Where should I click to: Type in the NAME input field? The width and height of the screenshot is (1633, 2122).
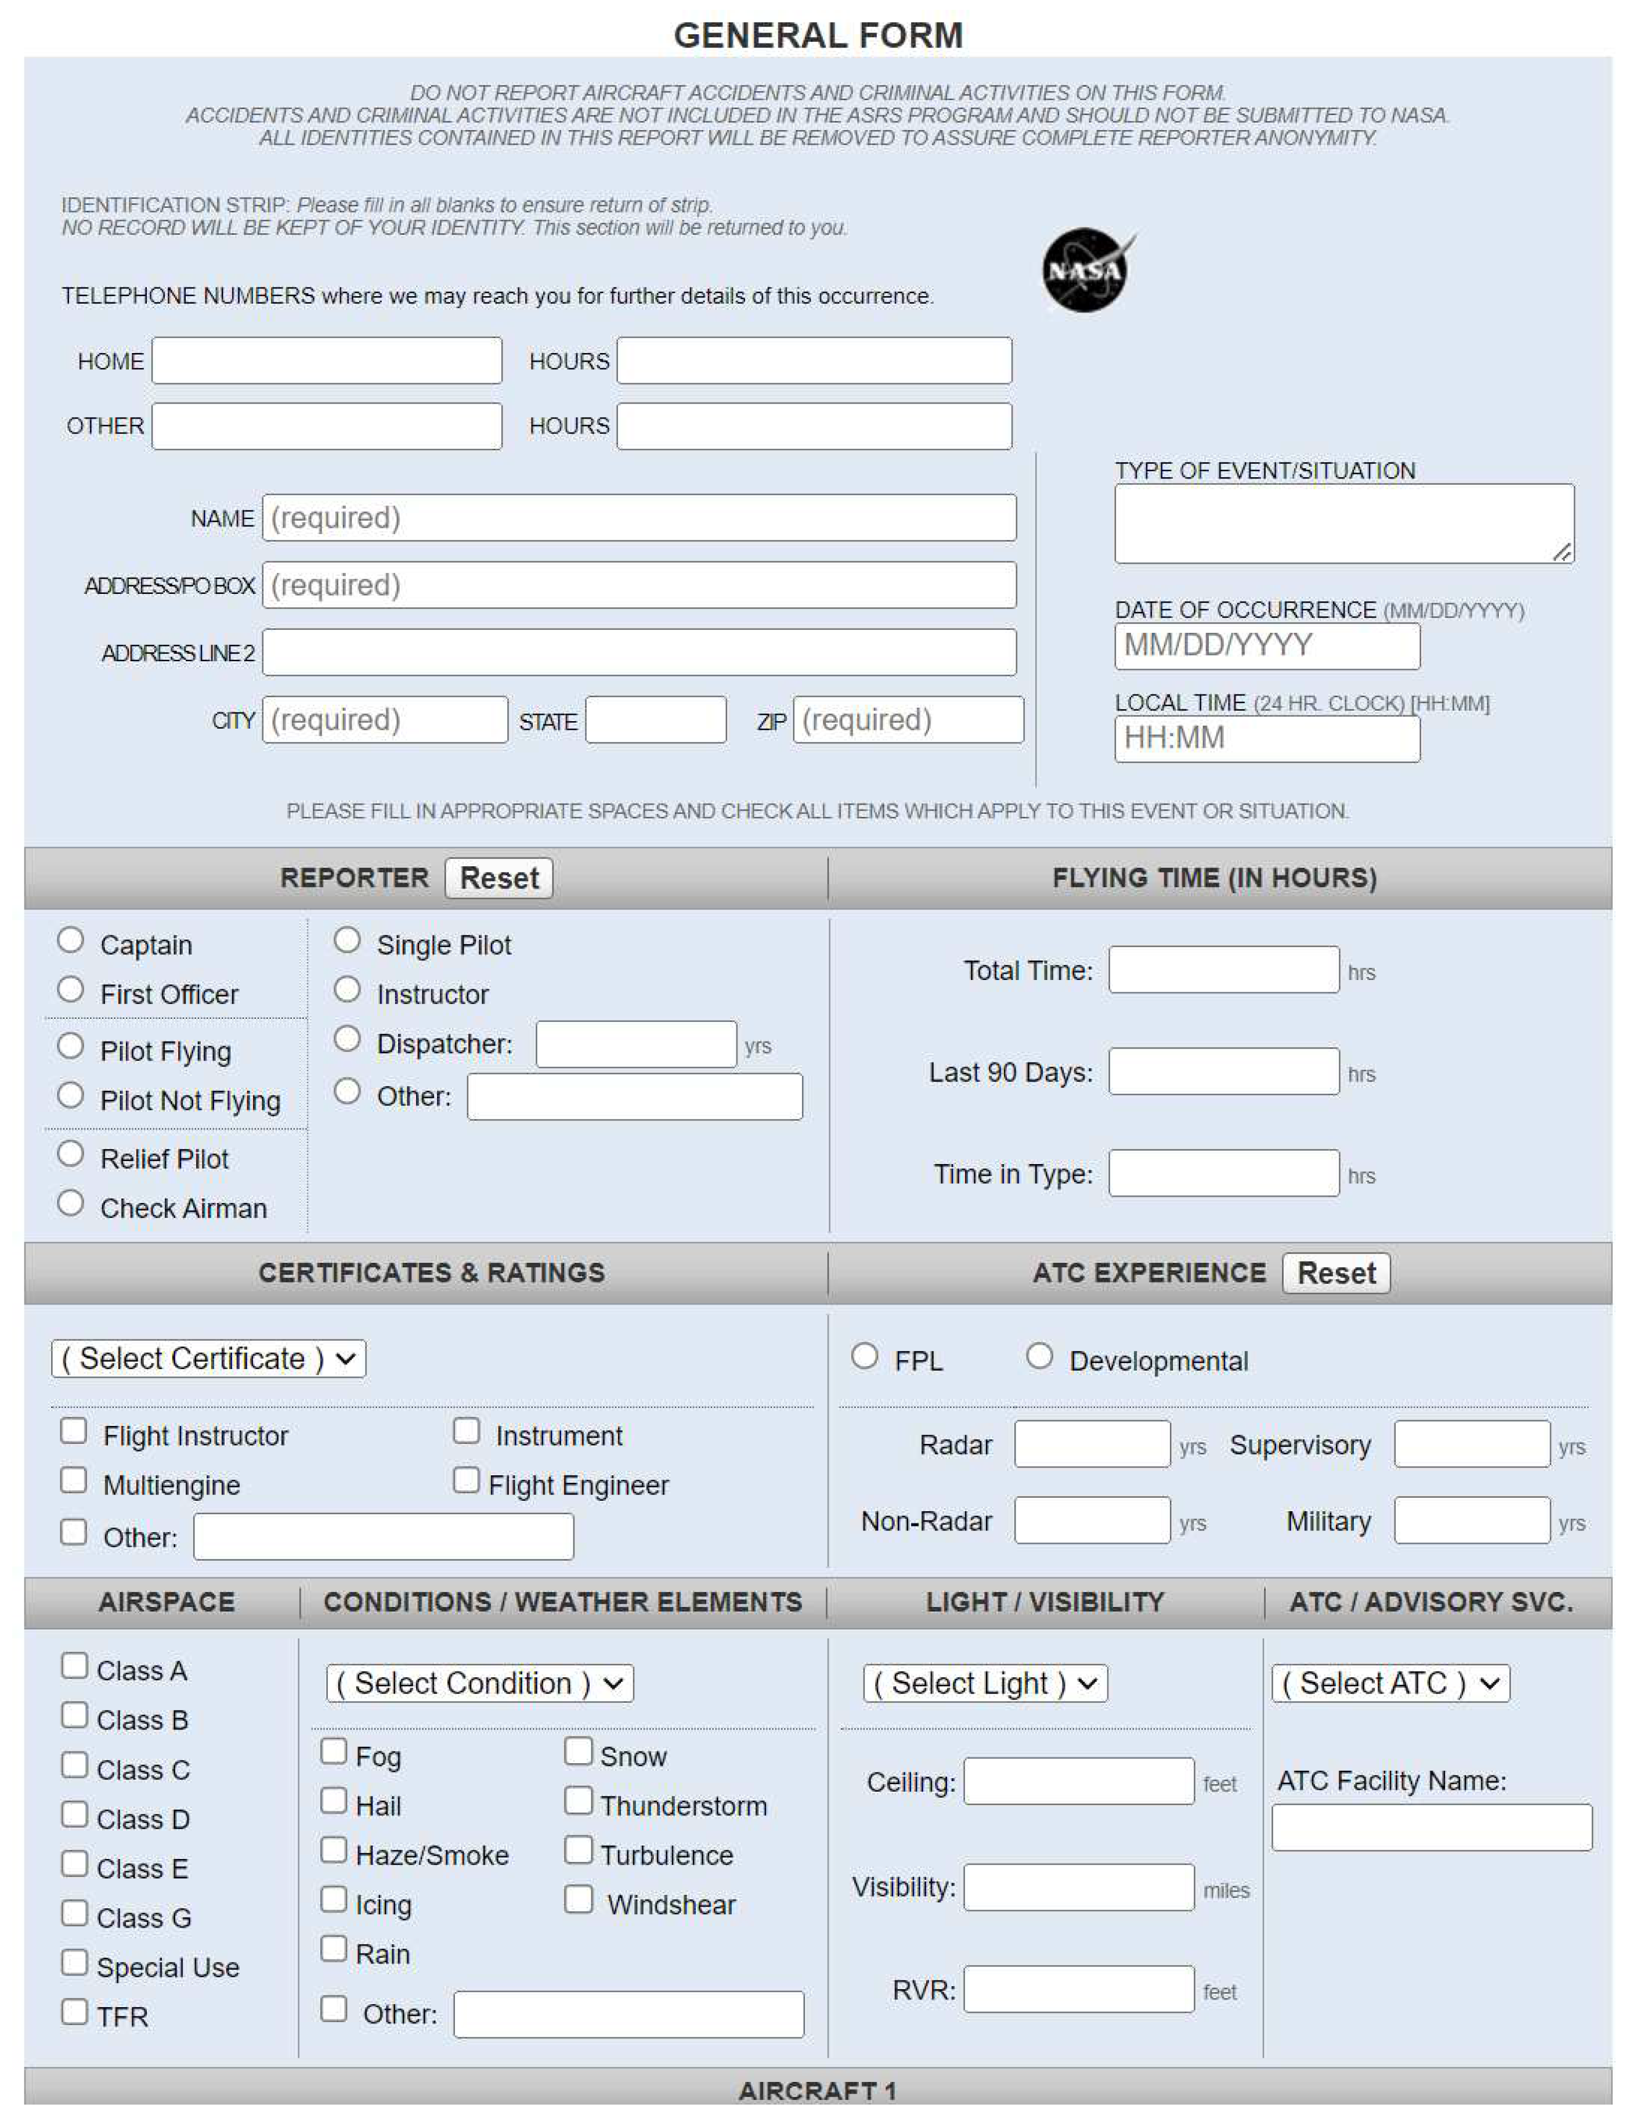pos(638,518)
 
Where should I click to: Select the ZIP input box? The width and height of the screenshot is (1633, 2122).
pos(908,720)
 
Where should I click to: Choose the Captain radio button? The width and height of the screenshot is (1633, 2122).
pos(70,941)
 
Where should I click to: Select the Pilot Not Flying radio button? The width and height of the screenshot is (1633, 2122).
pos(70,1096)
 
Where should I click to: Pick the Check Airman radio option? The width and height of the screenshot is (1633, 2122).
pos(70,1204)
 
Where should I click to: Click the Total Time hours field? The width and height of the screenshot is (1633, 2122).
pos(1223,970)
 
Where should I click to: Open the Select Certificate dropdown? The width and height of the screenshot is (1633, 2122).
pos(208,1359)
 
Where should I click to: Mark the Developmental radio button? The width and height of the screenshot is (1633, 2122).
pos(1039,1356)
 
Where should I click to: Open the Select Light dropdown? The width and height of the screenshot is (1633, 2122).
pos(985,1684)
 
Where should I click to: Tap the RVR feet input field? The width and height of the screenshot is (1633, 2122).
pos(1078,1989)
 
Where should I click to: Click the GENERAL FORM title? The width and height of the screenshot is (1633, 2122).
pos(818,36)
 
